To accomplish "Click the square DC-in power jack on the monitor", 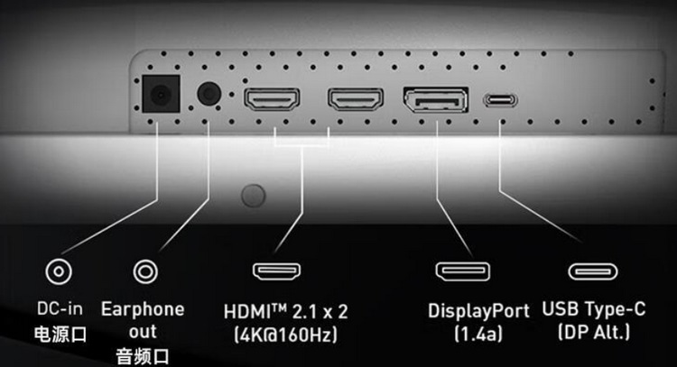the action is coord(161,94).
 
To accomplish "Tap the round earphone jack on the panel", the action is coord(209,93).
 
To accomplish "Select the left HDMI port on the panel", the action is coord(272,99).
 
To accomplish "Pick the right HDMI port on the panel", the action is coord(356,99).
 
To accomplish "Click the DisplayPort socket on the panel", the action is coord(436,99).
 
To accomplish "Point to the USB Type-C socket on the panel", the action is coord(500,100).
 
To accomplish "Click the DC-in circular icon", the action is coord(59,271).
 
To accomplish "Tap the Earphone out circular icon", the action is coord(145,271).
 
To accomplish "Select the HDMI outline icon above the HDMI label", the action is coord(277,271).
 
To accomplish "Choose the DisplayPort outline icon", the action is coord(463,271).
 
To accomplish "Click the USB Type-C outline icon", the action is coord(593,271).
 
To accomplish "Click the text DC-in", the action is coord(60,308).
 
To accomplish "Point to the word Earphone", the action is coord(143,309).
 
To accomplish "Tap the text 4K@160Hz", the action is coord(285,335).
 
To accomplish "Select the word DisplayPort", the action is coord(478,311).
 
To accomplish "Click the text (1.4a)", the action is coord(478,334).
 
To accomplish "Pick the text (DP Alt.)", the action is coord(594,332).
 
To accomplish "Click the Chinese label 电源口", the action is coord(60,335).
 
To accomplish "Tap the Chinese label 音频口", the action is coord(143,357).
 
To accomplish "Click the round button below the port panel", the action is coord(254,196).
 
